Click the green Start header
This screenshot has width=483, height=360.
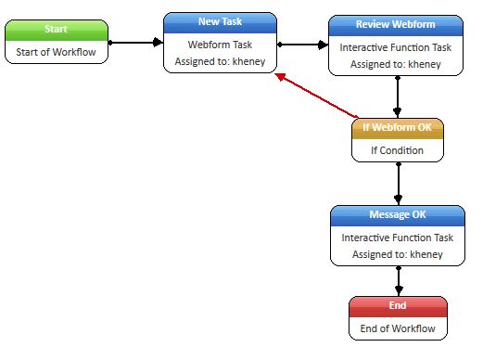pyautogui.click(x=55, y=30)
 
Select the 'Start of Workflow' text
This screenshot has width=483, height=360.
pyautogui.click(x=55, y=52)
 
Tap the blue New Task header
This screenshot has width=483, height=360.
pyautogui.click(x=221, y=21)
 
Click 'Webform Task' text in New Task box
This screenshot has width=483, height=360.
pyautogui.click(x=221, y=45)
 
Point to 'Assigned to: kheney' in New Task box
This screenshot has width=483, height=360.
pyautogui.click(x=221, y=62)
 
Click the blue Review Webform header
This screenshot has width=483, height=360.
pyautogui.click(x=397, y=23)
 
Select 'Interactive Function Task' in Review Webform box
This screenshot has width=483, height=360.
pyautogui.click(x=397, y=46)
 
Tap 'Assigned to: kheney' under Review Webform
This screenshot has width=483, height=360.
pyautogui.click(x=397, y=64)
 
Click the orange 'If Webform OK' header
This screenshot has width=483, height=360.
pyautogui.click(x=398, y=127)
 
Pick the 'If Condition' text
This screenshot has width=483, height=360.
pyautogui.click(x=398, y=149)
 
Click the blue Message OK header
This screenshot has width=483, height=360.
pyautogui.click(x=398, y=215)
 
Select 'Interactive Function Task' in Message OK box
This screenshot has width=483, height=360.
pyautogui.click(x=398, y=238)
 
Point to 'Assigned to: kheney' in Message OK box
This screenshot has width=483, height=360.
pyautogui.click(x=398, y=254)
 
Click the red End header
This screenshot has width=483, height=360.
pyautogui.click(x=398, y=305)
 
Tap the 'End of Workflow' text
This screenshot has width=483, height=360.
pyautogui.click(x=398, y=328)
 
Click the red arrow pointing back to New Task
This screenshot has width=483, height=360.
pyautogui.click(x=315, y=96)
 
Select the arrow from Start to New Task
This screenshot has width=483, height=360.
pyautogui.click(x=136, y=43)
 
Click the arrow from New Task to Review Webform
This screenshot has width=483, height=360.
pyautogui.click(x=304, y=44)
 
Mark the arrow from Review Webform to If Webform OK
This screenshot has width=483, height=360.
pyautogui.click(x=398, y=96)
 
